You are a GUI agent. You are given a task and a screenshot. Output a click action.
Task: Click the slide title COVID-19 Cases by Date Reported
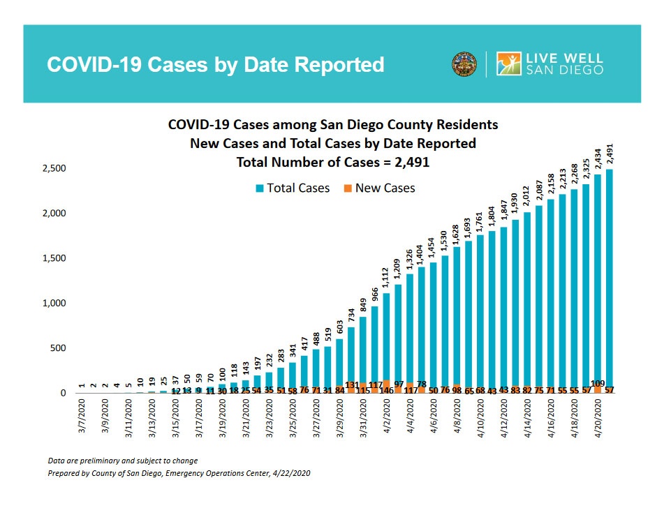pos(215,65)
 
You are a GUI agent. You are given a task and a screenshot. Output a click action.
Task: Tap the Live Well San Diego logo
pos(550,64)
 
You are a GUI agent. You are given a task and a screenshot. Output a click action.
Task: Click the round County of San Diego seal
pos(464,64)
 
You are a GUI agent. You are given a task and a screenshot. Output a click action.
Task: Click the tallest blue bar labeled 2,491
pos(610,279)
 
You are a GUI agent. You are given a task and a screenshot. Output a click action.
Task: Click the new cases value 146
pos(386,390)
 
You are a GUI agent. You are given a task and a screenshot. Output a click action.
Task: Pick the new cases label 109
pos(598,384)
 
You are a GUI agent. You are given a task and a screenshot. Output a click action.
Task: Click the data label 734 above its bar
pos(351,317)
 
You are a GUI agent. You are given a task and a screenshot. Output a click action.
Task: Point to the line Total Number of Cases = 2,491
pos(332,161)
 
